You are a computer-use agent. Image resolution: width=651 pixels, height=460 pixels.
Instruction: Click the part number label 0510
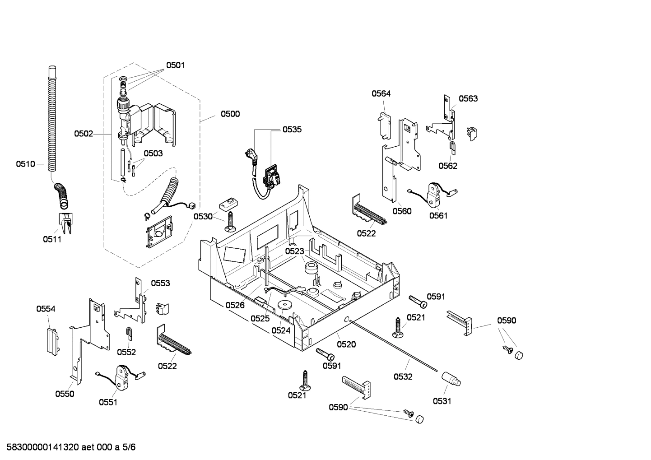[25, 164]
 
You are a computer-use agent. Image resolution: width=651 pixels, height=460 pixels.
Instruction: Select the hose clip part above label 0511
[65, 223]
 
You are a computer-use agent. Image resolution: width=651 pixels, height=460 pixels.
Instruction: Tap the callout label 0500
[230, 114]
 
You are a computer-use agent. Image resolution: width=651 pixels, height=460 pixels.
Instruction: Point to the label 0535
[292, 130]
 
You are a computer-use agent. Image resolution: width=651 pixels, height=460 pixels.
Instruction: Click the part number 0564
[381, 94]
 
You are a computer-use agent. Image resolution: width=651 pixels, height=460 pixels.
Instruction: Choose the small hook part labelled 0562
[452, 146]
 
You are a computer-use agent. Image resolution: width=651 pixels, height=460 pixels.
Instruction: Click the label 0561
[438, 216]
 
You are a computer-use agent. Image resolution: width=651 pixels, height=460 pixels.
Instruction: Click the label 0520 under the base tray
[346, 344]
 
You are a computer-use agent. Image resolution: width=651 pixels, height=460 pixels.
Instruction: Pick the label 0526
[235, 306]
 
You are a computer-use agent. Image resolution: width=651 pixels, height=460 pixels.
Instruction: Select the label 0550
[65, 394]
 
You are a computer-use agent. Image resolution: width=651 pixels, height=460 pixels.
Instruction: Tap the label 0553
[160, 283]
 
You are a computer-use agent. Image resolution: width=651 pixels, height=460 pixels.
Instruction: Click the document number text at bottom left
[68, 447]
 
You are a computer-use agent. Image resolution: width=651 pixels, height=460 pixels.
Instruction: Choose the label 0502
[84, 134]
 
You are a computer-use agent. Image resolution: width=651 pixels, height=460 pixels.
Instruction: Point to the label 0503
[153, 153]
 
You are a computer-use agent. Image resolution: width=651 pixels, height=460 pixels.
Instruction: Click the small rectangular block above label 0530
[228, 204]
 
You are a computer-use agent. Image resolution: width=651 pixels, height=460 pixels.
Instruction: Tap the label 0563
[468, 99]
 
